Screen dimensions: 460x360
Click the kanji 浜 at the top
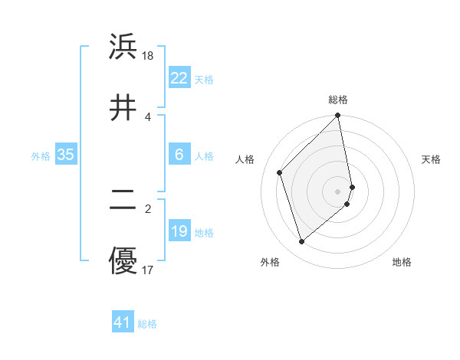123,47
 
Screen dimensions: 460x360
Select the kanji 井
123,108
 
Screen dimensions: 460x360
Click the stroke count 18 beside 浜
148,56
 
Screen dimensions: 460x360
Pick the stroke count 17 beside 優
148,270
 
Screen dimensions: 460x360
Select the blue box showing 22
179,78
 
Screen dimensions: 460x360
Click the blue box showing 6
179,155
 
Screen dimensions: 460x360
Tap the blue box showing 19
179,231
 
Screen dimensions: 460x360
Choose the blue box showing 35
66,155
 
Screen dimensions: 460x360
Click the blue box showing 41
123,322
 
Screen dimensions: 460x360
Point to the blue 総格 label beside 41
148,324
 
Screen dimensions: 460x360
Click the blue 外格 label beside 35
41,156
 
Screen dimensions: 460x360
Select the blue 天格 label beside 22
204,80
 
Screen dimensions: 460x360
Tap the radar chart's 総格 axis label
338,100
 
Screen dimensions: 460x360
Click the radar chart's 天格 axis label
432,159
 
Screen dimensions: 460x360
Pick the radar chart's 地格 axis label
402,263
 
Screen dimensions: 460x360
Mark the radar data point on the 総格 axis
338,116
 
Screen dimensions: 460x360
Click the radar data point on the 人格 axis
280,172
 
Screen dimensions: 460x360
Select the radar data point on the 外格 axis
302,242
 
